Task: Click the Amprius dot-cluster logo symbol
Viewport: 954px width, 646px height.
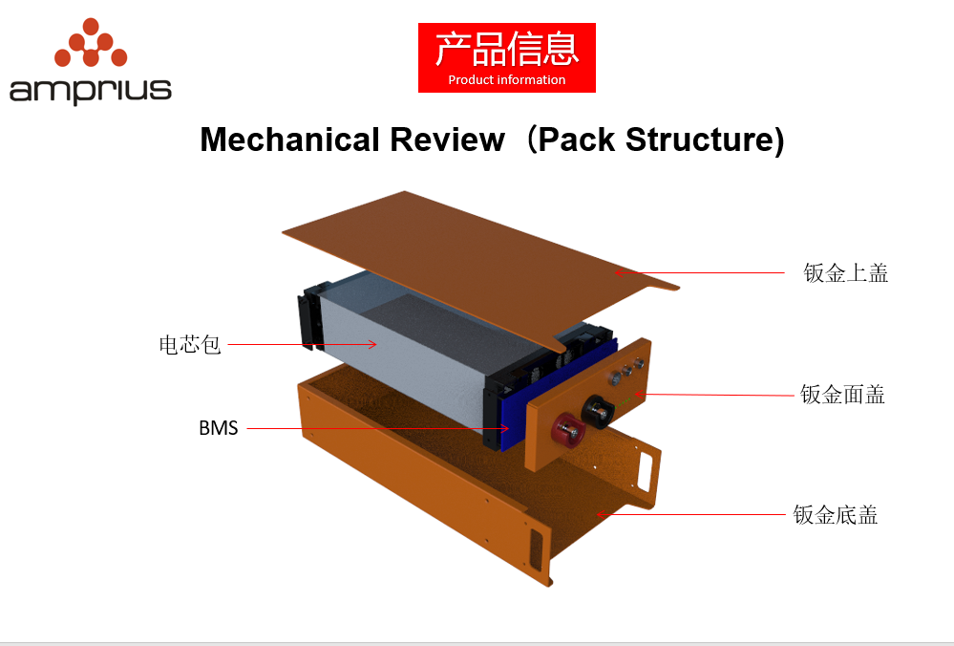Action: (x=91, y=43)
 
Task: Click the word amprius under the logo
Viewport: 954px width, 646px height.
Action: (x=91, y=90)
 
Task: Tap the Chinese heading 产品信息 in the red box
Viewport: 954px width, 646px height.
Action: (x=507, y=49)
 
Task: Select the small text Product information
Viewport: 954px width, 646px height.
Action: (x=507, y=80)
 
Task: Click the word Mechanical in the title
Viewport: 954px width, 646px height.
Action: (x=289, y=140)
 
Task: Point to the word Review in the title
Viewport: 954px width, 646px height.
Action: (x=447, y=140)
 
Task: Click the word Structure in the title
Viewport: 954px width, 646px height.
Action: (x=700, y=140)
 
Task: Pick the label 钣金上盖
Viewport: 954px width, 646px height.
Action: (x=846, y=273)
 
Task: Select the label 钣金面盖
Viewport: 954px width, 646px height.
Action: (x=843, y=395)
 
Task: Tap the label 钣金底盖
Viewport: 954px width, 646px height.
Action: (x=836, y=516)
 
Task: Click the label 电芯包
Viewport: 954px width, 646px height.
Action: (x=190, y=344)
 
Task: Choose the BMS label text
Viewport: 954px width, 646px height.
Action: (x=218, y=428)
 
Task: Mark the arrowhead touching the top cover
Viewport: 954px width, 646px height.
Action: (x=619, y=273)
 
